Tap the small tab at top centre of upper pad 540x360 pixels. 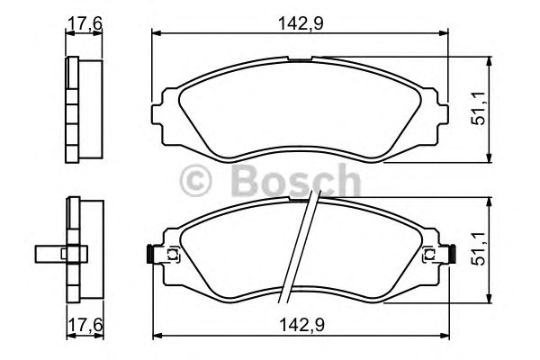[301, 60]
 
